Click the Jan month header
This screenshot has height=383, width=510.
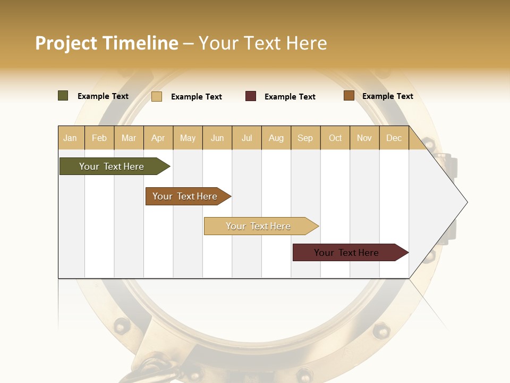click(x=70, y=138)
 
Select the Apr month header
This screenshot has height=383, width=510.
click(x=158, y=138)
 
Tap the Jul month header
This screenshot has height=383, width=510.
click(x=247, y=138)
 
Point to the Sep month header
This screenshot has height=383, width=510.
click(x=305, y=138)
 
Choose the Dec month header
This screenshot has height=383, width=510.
click(x=394, y=138)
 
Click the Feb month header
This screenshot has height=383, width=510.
click(x=99, y=138)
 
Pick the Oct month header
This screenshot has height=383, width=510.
click(x=335, y=138)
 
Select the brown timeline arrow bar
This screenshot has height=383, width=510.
click(x=186, y=196)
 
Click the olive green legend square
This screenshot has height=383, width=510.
click(x=63, y=96)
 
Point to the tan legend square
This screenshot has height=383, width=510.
click(x=157, y=96)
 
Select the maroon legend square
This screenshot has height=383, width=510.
click(x=251, y=96)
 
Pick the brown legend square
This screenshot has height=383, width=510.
click(x=349, y=96)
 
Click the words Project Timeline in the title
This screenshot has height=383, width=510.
click(x=107, y=43)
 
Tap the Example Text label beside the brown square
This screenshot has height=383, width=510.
click(x=388, y=96)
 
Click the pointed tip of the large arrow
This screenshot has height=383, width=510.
click(x=466, y=202)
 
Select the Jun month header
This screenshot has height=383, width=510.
click(x=217, y=138)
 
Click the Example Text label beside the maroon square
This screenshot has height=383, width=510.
click(x=290, y=97)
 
